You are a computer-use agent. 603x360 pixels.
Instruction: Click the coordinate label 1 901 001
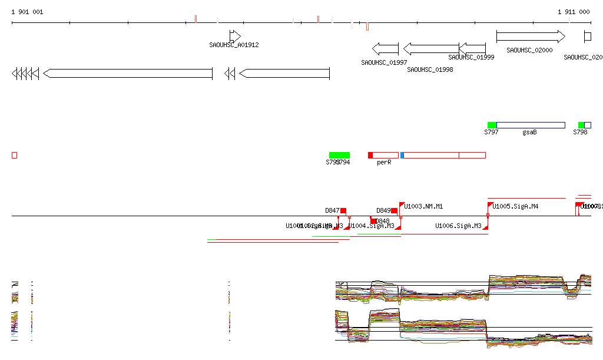pos(27,12)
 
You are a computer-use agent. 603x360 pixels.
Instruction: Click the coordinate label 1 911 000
pos(574,12)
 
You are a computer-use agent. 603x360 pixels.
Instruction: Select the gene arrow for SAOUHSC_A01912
pos(235,36)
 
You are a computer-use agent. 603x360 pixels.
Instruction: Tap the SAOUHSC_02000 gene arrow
pos(531,37)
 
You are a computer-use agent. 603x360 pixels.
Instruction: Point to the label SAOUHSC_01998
pos(430,70)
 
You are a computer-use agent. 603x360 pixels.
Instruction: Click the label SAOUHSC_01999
pos(471,58)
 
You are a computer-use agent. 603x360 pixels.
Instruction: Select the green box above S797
pos(492,125)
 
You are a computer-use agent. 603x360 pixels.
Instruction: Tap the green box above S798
pos(581,125)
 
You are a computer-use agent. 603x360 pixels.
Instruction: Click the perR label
pos(384,162)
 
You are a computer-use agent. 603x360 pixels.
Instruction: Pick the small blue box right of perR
pos(402,155)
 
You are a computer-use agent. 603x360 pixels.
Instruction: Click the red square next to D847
pos(343,211)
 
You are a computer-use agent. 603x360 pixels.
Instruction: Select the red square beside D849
pos(395,211)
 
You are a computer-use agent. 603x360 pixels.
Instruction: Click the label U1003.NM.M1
pos(423,206)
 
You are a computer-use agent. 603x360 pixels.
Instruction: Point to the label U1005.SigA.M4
pos(515,206)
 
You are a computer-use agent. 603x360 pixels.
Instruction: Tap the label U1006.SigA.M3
pos(458,226)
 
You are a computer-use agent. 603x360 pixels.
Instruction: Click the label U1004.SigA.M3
pos(371,226)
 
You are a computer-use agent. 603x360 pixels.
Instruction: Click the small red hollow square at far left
pos(15,155)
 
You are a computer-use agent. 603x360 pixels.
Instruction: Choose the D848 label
pos(383,222)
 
